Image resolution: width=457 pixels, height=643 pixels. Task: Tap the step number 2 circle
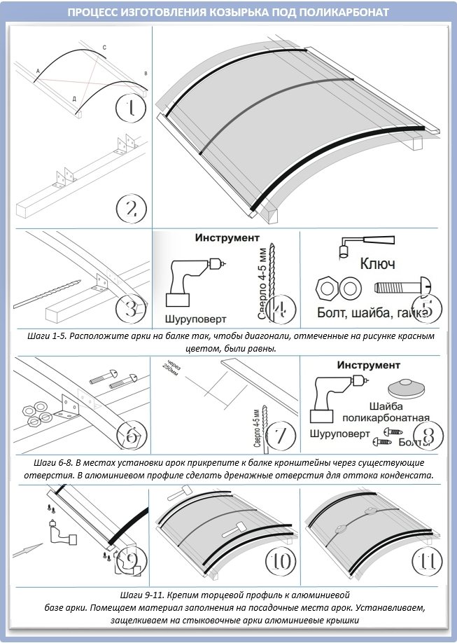(131, 208)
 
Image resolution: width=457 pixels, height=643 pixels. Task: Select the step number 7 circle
(279, 435)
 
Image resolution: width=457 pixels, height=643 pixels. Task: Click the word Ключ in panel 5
(377, 264)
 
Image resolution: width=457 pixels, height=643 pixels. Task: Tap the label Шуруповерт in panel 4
(196, 319)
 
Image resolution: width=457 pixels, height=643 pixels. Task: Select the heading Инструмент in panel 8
(368, 366)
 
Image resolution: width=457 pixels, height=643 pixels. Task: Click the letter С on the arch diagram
(104, 48)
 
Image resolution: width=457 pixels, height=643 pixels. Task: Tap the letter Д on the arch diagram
(74, 99)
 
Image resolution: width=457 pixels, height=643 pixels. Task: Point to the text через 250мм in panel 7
(170, 370)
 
